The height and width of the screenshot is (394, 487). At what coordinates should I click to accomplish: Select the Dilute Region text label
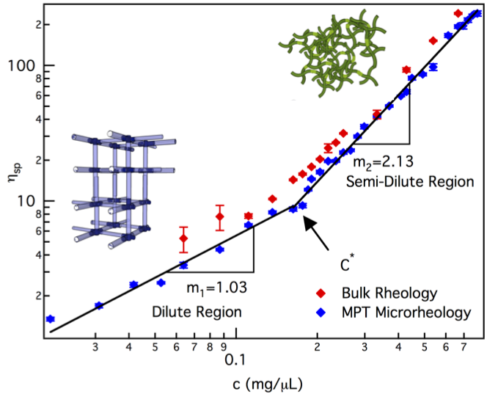[197, 312]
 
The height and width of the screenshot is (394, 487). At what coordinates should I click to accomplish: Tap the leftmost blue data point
[50, 318]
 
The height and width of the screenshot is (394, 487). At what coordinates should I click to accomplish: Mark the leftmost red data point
[183, 238]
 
